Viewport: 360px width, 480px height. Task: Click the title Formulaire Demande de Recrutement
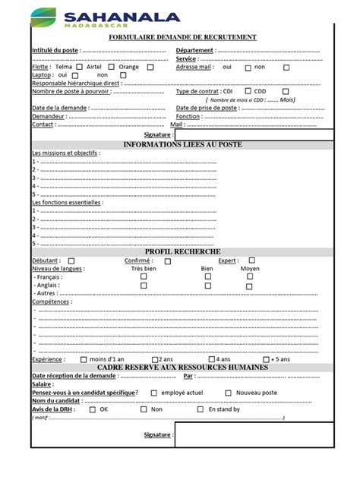coord(182,37)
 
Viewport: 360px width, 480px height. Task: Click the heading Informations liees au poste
coord(182,144)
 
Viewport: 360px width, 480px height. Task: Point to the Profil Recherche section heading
coord(182,251)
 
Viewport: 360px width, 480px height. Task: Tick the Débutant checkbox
coord(71,261)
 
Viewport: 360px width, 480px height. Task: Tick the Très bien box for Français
coord(144,276)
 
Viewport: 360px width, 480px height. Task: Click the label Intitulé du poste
coord(55,50)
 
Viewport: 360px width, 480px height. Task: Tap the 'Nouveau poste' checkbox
coord(228,393)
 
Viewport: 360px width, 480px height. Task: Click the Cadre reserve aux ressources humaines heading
coord(182,368)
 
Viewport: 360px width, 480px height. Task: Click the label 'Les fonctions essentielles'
coord(67,203)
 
